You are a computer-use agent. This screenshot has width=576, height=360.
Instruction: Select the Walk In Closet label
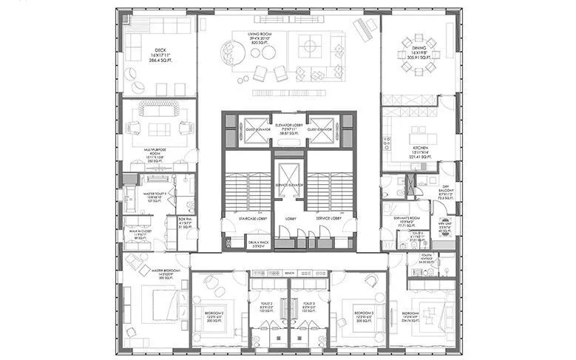136,234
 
